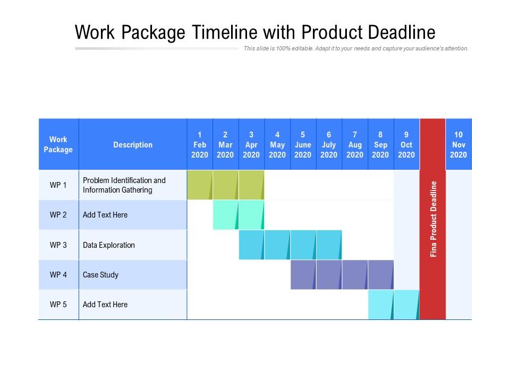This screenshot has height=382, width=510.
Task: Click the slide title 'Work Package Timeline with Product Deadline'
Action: click(x=255, y=32)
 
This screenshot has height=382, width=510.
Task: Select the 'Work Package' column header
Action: click(x=58, y=144)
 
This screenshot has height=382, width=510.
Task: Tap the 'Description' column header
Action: click(x=133, y=144)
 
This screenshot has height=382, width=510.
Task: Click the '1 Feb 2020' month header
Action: click(x=200, y=144)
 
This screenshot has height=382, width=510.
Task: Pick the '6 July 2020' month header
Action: click(x=329, y=144)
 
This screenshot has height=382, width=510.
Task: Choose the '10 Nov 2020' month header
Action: click(x=458, y=144)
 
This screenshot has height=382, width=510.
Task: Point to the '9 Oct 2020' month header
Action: click(x=406, y=144)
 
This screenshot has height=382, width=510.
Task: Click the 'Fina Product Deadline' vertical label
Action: click(x=433, y=219)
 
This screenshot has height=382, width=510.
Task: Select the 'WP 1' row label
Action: click(x=58, y=185)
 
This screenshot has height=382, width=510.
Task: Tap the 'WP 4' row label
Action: click(x=58, y=275)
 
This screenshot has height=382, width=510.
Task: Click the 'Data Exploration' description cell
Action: click(x=109, y=245)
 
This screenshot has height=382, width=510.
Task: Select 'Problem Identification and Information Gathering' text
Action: click(x=124, y=185)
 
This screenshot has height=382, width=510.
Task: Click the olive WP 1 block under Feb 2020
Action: click(x=199, y=185)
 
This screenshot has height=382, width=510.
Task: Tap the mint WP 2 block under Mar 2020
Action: click(x=225, y=214)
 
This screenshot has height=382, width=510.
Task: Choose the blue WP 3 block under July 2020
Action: click(x=328, y=245)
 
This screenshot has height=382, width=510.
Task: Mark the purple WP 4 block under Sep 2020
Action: click(x=380, y=274)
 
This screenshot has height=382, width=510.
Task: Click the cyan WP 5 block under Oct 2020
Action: click(x=406, y=305)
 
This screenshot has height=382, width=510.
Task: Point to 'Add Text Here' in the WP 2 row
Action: click(x=105, y=215)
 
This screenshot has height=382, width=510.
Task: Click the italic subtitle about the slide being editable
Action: click(x=356, y=48)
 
